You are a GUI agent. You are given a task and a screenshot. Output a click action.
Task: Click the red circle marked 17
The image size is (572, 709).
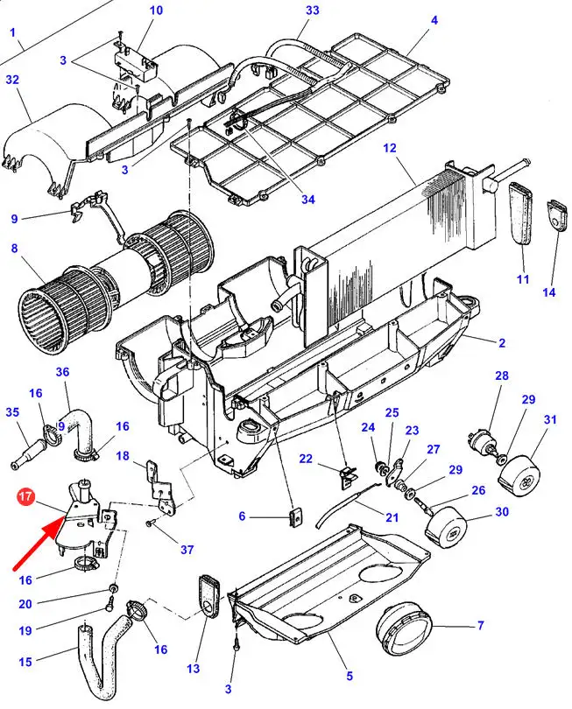[25, 496]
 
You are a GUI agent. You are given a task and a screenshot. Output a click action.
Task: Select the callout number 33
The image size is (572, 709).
[312, 10]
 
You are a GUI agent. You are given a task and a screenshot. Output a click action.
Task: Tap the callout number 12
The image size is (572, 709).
[390, 148]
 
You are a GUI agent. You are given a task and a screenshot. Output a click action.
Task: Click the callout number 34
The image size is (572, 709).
[307, 200]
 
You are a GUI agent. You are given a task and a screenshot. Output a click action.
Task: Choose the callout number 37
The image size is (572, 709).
[187, 550]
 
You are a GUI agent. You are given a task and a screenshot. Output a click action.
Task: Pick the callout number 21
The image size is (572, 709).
[392, 516]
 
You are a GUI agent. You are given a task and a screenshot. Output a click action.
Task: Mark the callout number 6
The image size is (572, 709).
[242, 516]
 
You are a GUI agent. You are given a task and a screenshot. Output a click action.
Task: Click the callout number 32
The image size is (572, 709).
[12, 80]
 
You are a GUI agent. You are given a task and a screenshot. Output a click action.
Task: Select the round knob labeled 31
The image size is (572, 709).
[519, 478]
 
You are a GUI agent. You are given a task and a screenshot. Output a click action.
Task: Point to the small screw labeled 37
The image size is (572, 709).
[150, 523]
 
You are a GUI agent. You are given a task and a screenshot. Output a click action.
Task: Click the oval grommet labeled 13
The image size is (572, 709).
[208, 595]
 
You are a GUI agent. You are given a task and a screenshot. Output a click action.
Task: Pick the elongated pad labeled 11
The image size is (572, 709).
[521, 213]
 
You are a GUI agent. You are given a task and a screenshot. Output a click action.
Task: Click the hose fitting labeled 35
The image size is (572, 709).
[29, 453]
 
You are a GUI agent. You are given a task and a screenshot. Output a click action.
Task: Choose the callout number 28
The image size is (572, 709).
[501, 376]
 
